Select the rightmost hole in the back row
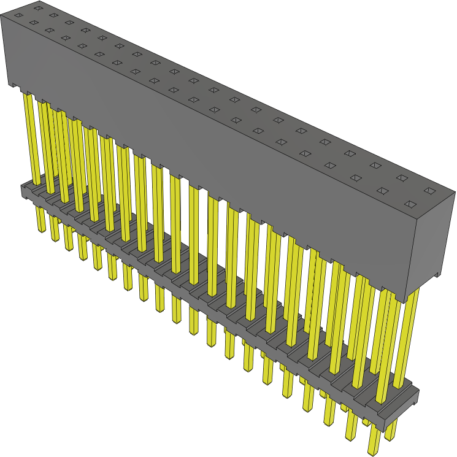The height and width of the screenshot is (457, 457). pyautogui.click(x=430, y=191)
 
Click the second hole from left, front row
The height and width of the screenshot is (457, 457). pyautogui.click(x=33, y=23)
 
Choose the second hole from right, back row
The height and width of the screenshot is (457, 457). pyautogui.click(x=402, y=178)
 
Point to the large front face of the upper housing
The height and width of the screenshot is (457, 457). pyautogui.click(x=202, y=153)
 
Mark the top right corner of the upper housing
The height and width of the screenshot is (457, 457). pyautogui.click(x=455, y=193)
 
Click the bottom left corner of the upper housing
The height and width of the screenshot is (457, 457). pyautogui.click(x=9, y=85)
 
